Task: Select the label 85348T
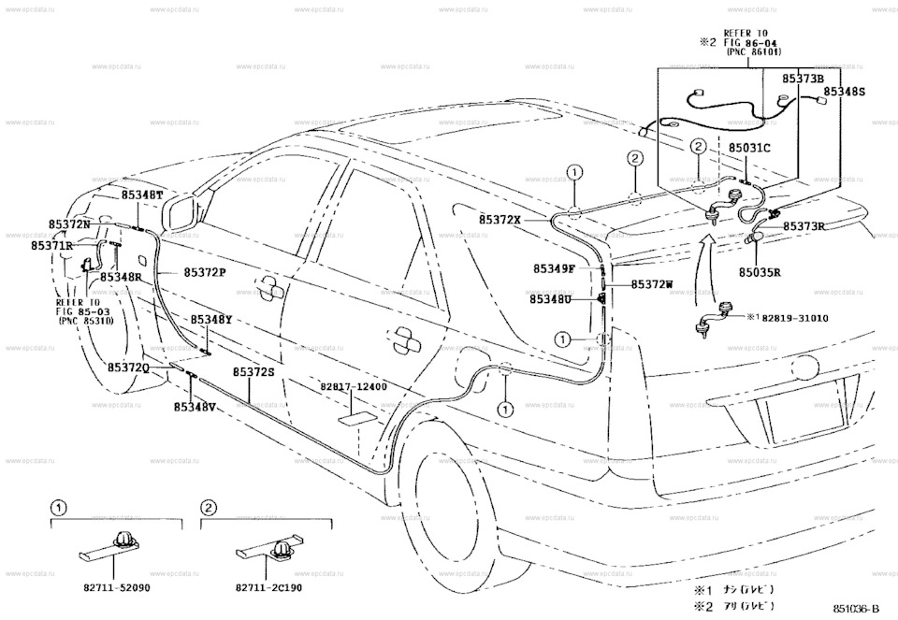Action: [142, 195]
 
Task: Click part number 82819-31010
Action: [797, 318]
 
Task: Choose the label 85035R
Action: [760, 273]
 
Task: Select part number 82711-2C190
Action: [268, 588]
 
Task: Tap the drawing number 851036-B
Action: [862, 608]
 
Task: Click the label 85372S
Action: [253, 371]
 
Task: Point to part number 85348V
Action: [195, 407]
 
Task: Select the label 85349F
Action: [554, 268]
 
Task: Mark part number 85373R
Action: [804, 226]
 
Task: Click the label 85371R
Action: [51, 245]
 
